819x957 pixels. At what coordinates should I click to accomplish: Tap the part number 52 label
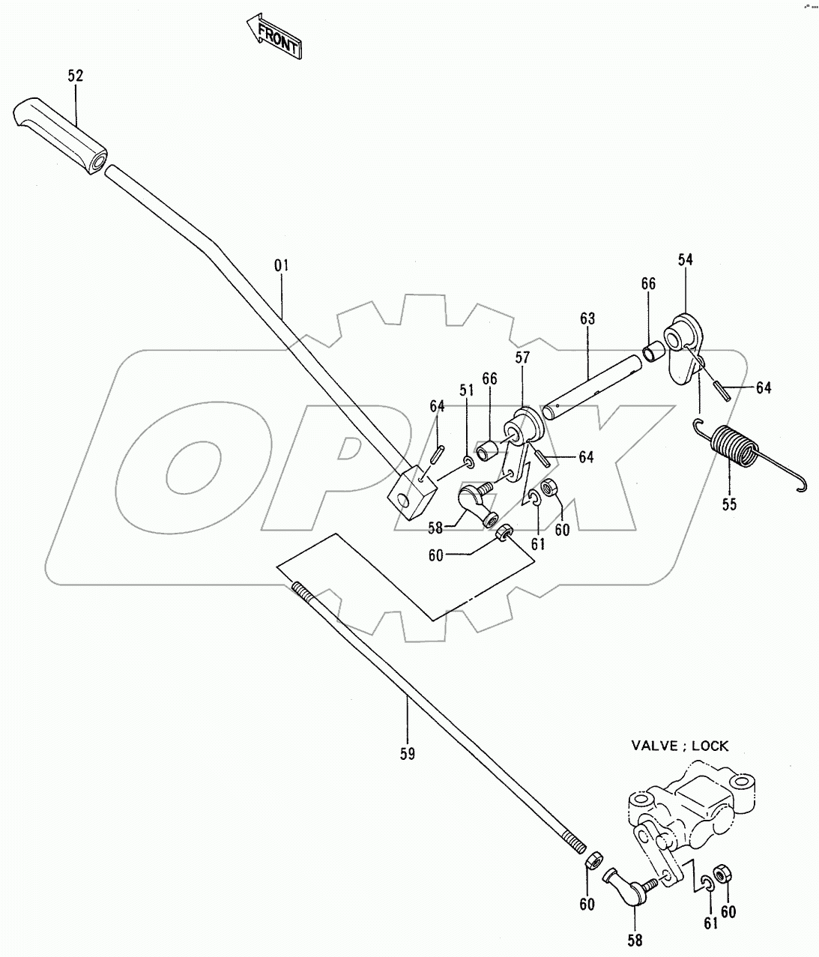pyautogui.click(x=75, y=76)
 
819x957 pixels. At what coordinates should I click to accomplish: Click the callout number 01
pyautogui.click(x=282, y=265)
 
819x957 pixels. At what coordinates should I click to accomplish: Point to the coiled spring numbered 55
pyautogui.click(x=735, y=450)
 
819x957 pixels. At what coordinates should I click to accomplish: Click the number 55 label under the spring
pyautogui.click(x=729, y=504)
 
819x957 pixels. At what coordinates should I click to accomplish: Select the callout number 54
pyautogui.click(x=686, y=259)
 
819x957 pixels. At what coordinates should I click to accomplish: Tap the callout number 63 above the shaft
pyautogui.click(x=587, y=319)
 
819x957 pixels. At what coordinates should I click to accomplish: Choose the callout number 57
pyautogui.click(x=522, y=358)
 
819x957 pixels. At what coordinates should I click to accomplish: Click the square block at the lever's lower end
pyautogui.click(x=413, y=492)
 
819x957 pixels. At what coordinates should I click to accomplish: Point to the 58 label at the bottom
pyautogui.click(x=634, y=941)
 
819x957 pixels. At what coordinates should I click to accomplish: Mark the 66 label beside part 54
pyautogui.click(x=648, y=283)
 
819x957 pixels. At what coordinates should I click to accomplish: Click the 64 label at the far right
pyautogui.click(x=764, y=388)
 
